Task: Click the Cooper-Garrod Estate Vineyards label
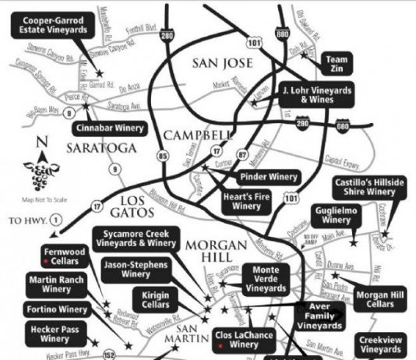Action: pyautogui.click(x=54, y=26)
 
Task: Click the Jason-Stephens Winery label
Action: pyautogui.click(x=136, y=270)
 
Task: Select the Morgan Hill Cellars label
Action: pyautogui.click(x=378, y=298)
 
